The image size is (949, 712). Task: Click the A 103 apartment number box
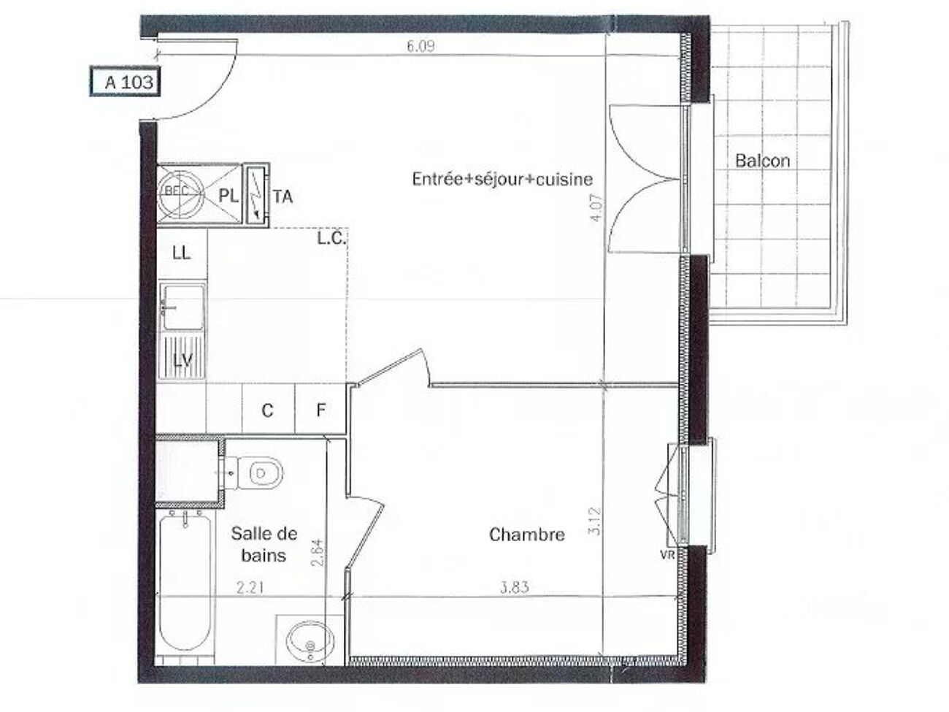[x=125, y=81]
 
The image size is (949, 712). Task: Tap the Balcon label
[x=763, y=161]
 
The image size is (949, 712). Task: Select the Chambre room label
[x=526, y=535]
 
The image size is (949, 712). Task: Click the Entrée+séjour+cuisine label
[x=502, y=179]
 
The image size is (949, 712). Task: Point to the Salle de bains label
[x=264, y=544]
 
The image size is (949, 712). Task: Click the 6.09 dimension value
[x=420, y=46]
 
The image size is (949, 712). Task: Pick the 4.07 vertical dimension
[x=596, y=208]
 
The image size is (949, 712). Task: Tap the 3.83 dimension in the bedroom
[x=515, y=587]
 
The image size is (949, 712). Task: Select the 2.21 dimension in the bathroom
[x=250, y=588]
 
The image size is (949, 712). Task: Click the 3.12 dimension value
[x=595, y=521]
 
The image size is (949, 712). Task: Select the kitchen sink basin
[x=182, y=307]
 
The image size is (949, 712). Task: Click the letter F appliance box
[x=320, y=410]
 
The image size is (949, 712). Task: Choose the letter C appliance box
[x=268, y=410]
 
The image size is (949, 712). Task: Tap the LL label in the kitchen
[x=182, y=253]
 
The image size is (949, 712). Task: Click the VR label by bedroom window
[x=667, y=556]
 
